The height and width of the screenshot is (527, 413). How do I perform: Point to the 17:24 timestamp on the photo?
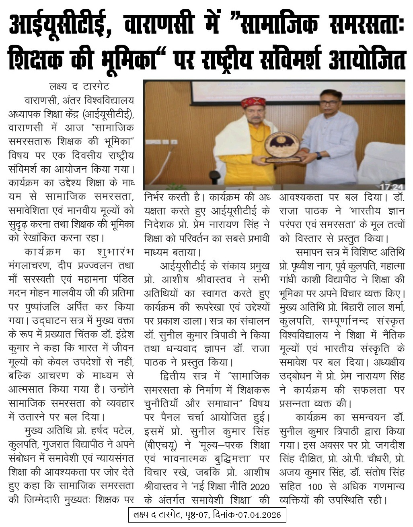pyautogui.click(x=391, y=187)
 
